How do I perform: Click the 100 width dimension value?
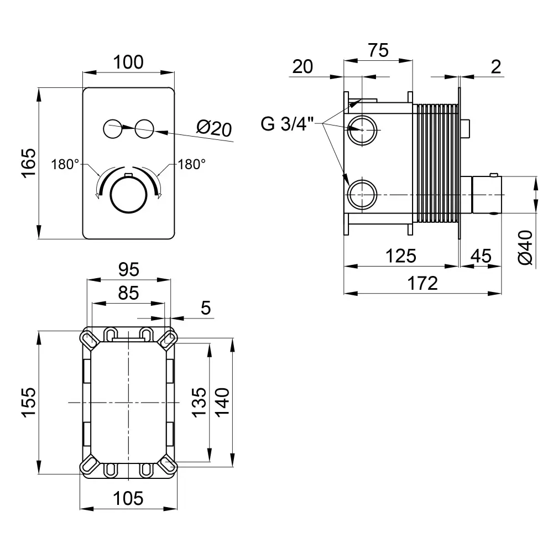[128, 62]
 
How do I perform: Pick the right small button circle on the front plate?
[145, 129]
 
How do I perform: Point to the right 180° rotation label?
[191, 164]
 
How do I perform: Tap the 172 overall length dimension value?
[423, 283]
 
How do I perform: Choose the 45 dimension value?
[481, 256]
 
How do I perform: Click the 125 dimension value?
[400, 256]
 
